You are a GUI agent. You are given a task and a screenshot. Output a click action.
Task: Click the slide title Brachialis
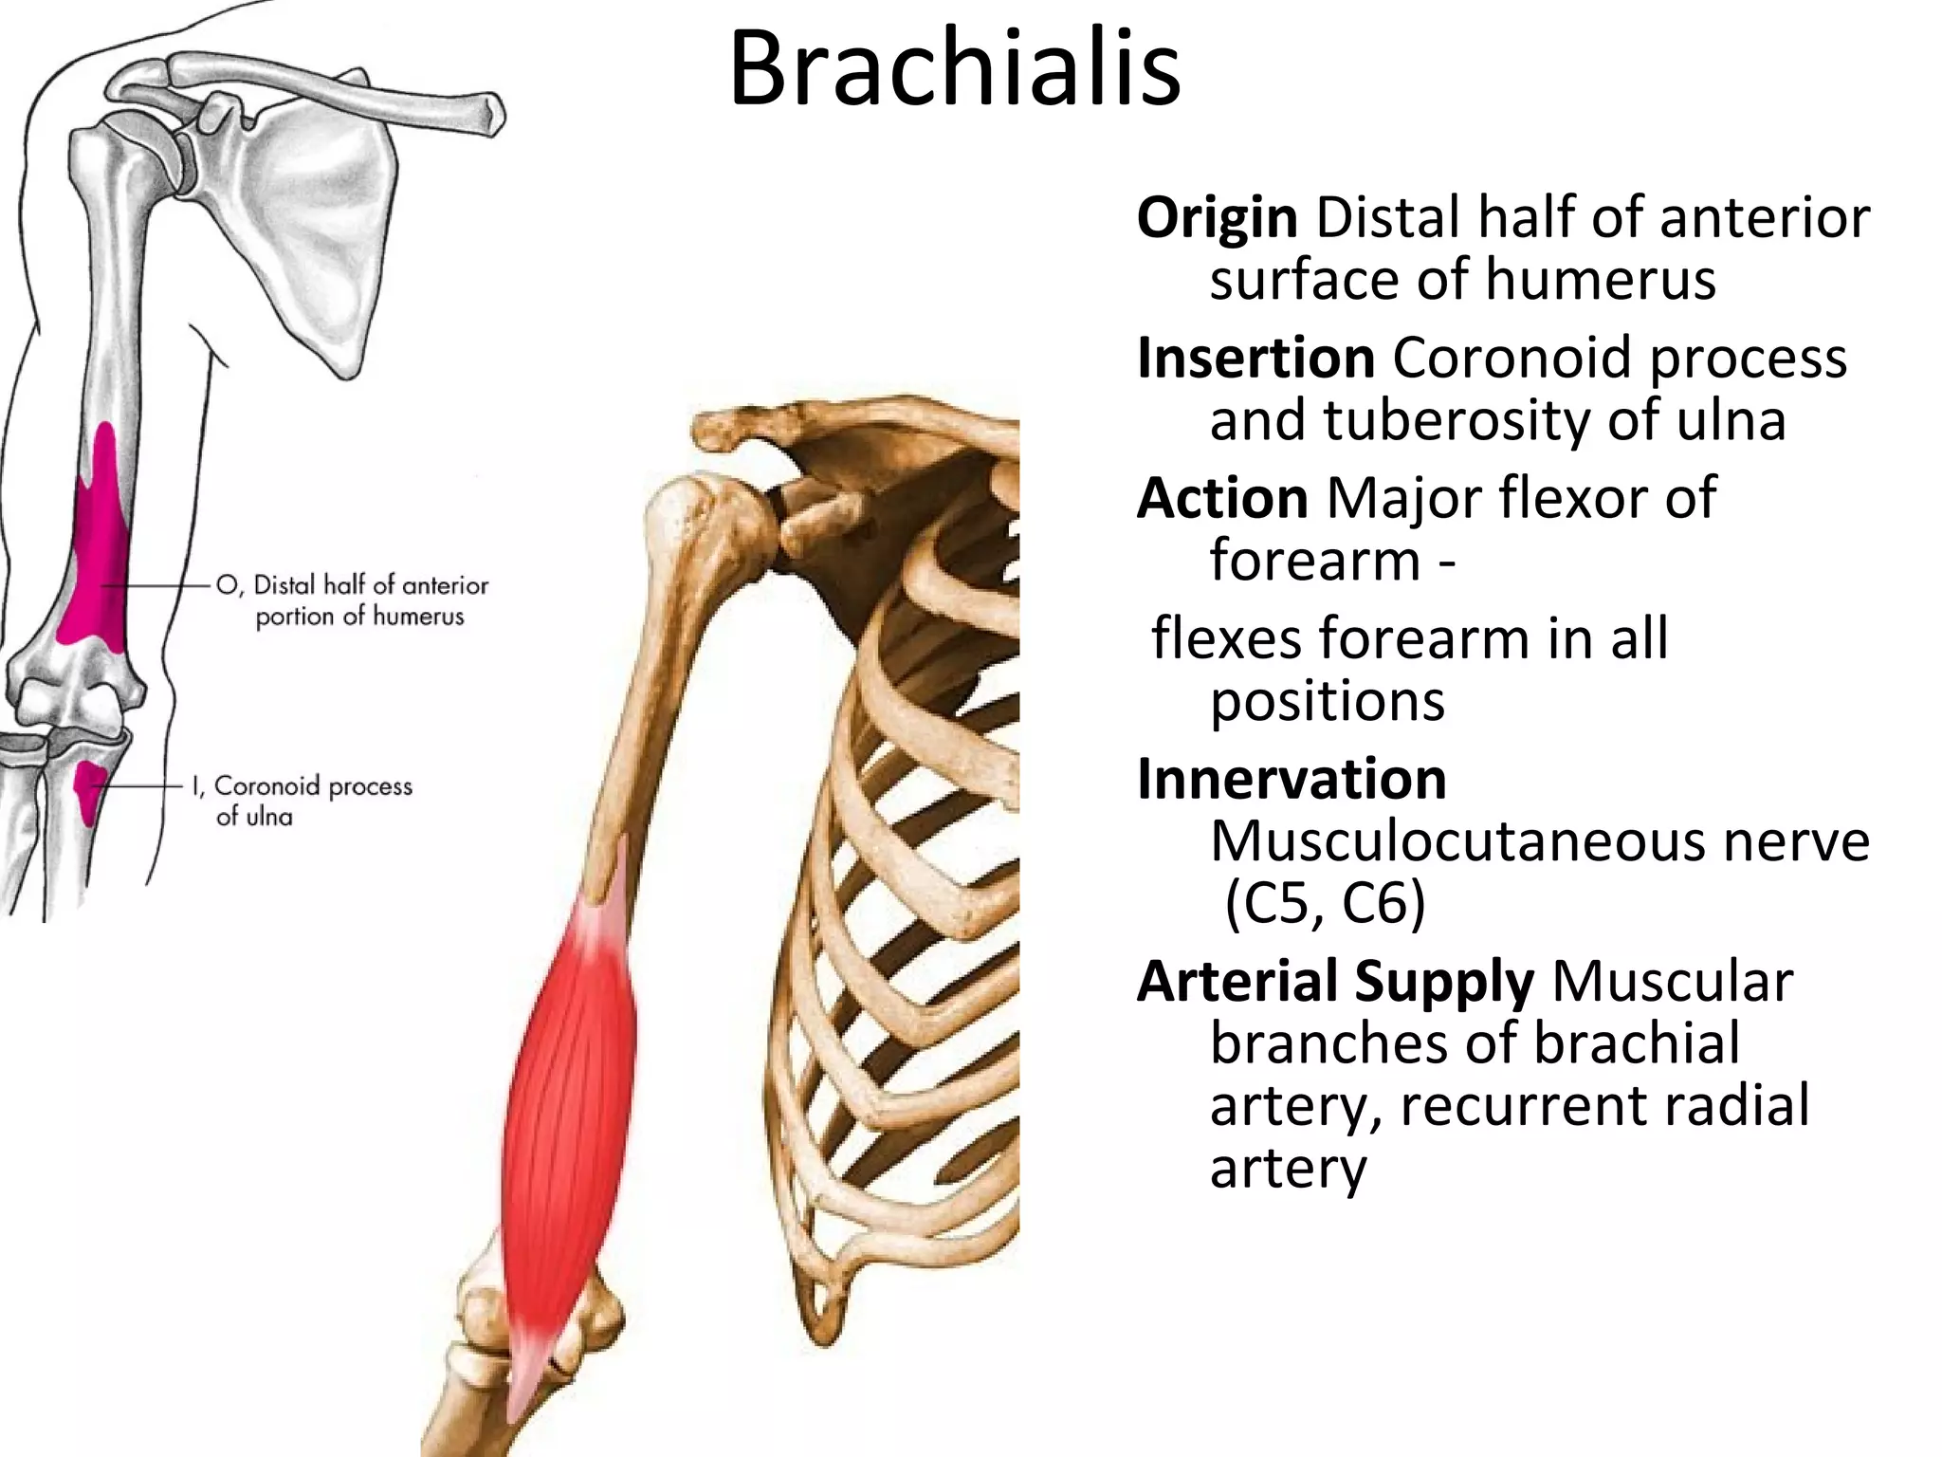[x=955, y=68]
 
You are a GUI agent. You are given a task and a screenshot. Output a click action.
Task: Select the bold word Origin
[x=1217, y=218]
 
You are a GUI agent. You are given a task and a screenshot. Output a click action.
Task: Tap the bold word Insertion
[x=1255, y=359]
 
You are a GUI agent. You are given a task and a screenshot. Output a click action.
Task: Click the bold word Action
[x=1222, y=498]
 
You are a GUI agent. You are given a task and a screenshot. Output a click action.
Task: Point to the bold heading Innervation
[x=1292, y=779]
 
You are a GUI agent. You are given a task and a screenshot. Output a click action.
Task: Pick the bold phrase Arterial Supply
[x=1335, y=981]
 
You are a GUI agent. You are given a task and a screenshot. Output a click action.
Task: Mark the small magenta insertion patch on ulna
[x=88, y=787]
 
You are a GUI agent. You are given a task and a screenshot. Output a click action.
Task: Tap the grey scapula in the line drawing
[x=313, y=218]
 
